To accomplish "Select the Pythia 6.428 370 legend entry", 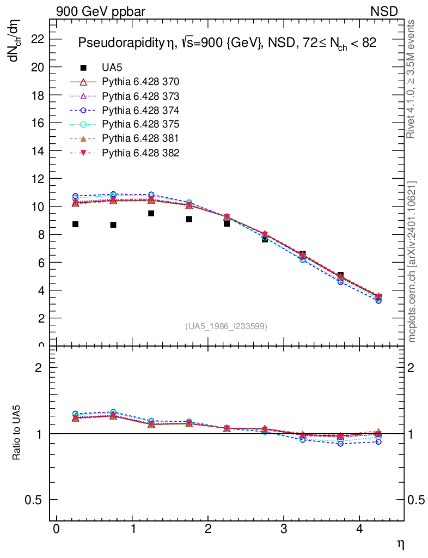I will pyautogui.click(x=140, y=82).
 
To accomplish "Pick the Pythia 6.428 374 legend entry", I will pyautogui.click(x=140, y=110).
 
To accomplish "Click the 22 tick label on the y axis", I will pyautogui.click(x=38, y=39).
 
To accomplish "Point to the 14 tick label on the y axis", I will pyautogui.click(x=38, y=150).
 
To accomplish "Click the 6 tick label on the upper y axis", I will pyautogui.click(x=41, y=262).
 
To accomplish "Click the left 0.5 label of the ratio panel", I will pyautogui.click(x=34, y=500).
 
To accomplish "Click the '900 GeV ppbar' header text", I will pyautogui.click(x=101, y=11).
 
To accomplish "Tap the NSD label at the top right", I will pyautogui.click(x=384, y=11).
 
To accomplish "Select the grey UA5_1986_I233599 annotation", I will pyautogui.click(x=227, y=326).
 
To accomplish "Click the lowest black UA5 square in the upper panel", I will pyautogui.click(x=378, y=296).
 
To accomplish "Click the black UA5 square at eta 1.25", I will pyautogui.click(x=151, y=214).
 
